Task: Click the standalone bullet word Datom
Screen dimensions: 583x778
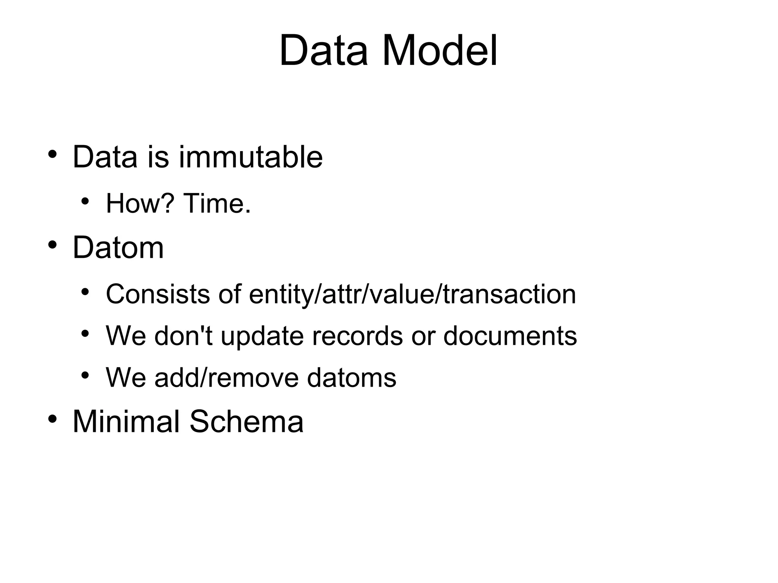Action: click(118, 247)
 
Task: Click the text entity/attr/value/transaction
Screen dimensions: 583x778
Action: click(412, 294)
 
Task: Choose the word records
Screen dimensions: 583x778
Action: click(357, 336)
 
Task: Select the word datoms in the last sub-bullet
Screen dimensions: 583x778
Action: click(351, 378)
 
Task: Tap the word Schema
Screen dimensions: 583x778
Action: click(247, 421)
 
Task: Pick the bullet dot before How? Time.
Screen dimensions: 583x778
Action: click(85, 201)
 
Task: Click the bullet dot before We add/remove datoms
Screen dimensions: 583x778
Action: click(85, 376)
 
